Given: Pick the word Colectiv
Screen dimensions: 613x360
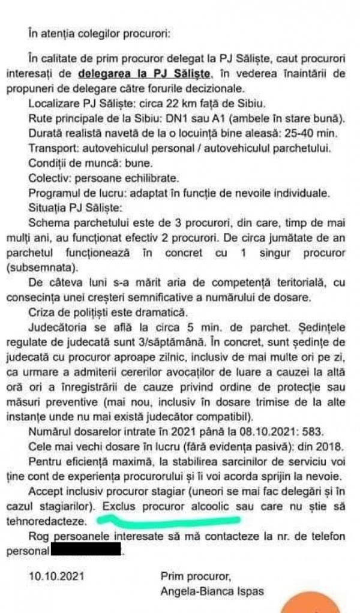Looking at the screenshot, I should coord(47,178).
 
